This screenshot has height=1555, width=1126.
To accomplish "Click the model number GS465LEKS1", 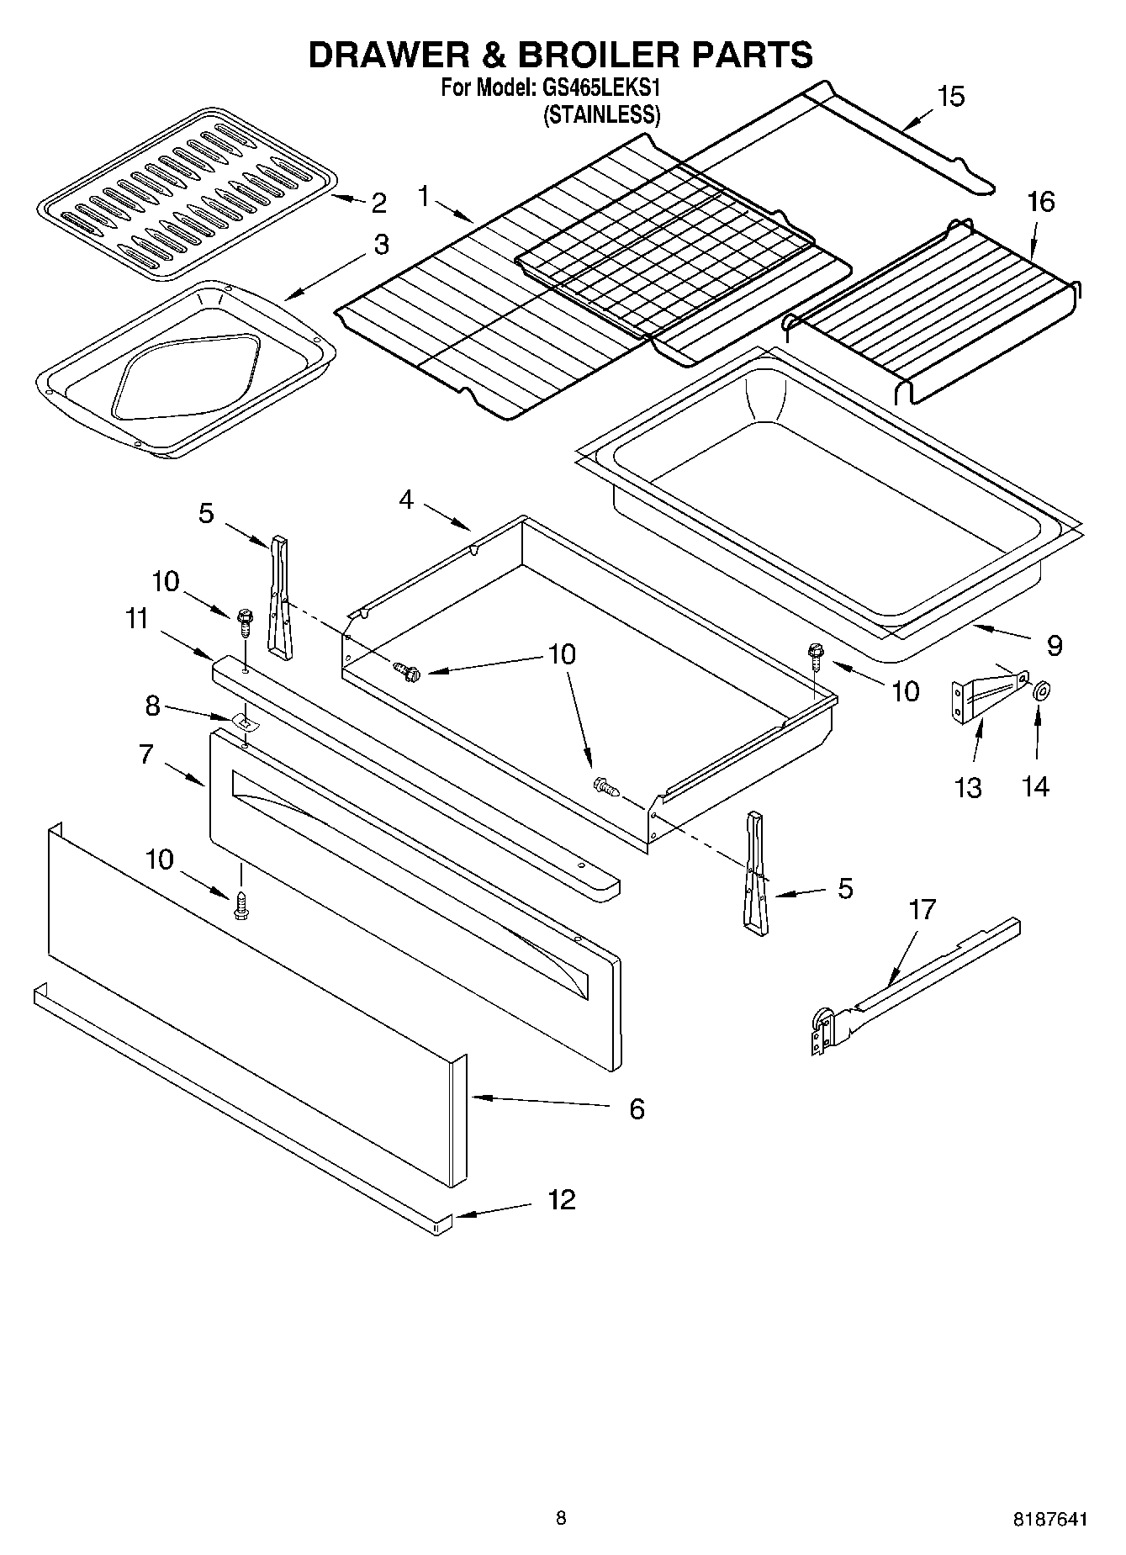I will [x=606, y=88].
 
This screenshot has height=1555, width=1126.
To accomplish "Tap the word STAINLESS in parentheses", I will [x=601, y=115].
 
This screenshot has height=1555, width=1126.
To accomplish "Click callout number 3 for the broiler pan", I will [x=381, y=245].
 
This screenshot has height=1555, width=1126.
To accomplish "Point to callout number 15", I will [x=950, y=97].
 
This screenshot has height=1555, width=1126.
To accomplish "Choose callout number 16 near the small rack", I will [x=1039, y=202].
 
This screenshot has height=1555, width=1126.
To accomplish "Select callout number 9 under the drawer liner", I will [x=1055, y=646].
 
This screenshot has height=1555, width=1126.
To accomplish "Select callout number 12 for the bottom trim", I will [x=561, y=1199].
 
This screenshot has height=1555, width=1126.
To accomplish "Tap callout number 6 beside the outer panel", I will [x=637, y=1109].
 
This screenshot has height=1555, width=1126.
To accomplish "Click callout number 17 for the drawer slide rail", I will [x=922, y=910].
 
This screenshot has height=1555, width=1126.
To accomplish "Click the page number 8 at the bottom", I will [x=561, y=1518].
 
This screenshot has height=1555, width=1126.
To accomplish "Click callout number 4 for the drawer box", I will [x=406, y=500].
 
